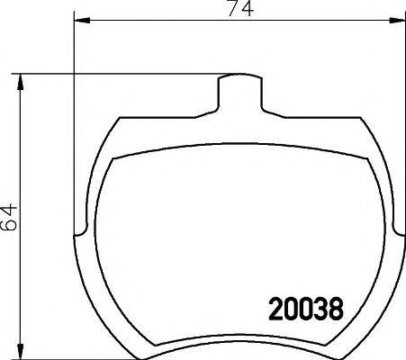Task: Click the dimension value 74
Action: click(x=238, y=11)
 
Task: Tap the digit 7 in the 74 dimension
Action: click(x=231, y=11)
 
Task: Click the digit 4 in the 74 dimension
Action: click(x=245, y=11)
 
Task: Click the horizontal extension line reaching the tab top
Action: click(x=117, y=75)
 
